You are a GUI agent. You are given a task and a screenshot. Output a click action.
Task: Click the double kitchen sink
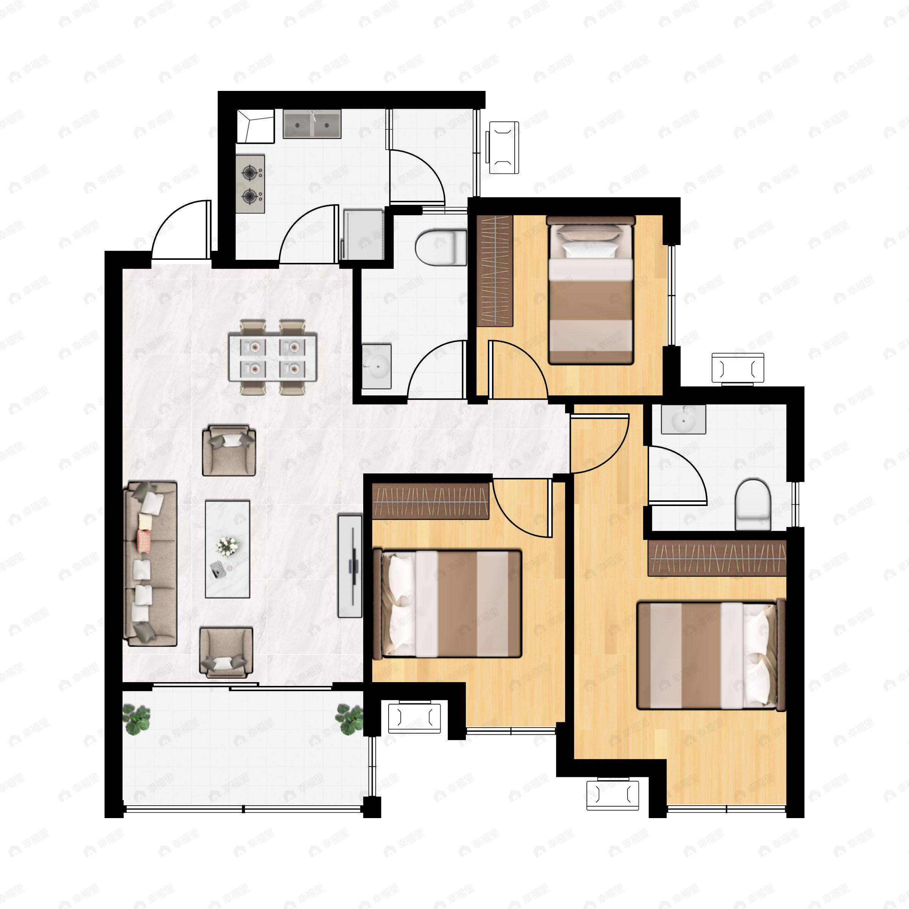click(x=312, y=124)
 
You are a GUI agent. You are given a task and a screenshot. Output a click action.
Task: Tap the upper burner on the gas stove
click(x=248, y=173)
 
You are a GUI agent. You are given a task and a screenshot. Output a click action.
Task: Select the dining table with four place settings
click(x=272, y=357)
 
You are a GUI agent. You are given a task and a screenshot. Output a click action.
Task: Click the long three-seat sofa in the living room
click(x=150, y=563)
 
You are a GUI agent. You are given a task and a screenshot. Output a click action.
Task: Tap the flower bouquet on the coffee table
click(x=228, y=545)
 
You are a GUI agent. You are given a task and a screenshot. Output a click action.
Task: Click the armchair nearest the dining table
click(x=229, y=450)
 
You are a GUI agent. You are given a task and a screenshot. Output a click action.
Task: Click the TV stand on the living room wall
click(x=350, y=566)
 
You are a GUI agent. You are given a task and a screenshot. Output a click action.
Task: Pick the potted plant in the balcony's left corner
click(x=136, y=719)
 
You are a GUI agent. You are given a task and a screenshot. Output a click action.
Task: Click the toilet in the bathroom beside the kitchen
click(x=439, y=246)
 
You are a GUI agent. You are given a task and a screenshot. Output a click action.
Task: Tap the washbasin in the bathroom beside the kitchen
click(x=376, y=366)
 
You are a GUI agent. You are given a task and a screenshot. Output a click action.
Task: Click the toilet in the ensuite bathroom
click(x=753, y=504)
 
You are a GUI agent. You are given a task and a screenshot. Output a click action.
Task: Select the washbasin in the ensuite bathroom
click(x=683, y=419)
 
